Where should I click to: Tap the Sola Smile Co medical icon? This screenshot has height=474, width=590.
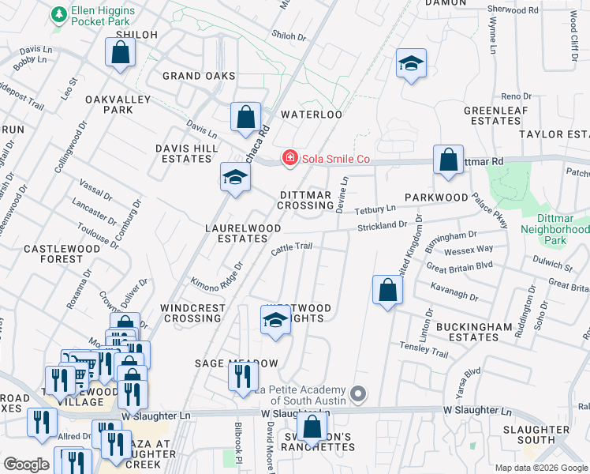tap(289, 159)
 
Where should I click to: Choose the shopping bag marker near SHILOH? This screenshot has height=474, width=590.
tap(120, 54)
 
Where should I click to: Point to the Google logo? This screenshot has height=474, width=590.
tap(26, 465)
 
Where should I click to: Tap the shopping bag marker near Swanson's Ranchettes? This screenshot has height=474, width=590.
tap(312, 427)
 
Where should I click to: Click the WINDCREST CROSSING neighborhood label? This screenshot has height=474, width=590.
tap(191, 313)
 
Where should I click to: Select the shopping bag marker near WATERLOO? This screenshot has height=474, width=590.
tap(245, 118)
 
